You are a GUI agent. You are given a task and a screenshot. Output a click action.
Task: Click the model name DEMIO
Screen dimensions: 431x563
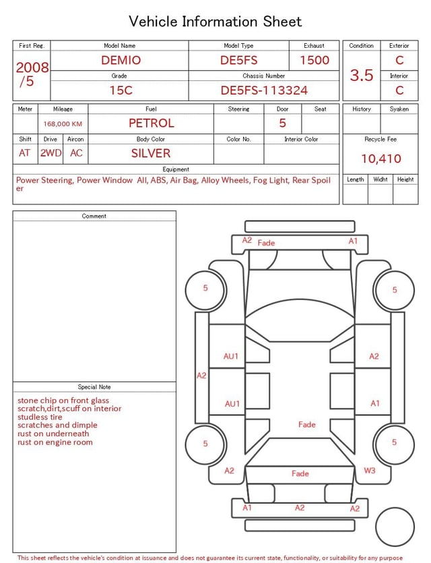pyautogui.click(x=121, y=60)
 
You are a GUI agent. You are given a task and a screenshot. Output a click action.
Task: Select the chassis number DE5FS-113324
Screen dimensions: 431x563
pyautogui.click(x=264, y=90)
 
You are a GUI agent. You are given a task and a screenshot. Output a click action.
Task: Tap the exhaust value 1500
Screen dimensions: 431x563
pyautogui.click(x=314, y=60)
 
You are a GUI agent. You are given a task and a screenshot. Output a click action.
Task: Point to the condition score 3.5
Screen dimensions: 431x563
pyautogui.click(x=362, y=75)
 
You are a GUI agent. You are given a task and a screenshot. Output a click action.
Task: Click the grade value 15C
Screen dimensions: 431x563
pyautogui.click(x=121, y=90)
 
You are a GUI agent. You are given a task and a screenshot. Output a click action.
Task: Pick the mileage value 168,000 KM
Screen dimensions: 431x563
pyautogui.click(x=63, y=124)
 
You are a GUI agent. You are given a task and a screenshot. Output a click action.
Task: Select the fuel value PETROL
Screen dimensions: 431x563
pyautogui.click(x=152, y=123)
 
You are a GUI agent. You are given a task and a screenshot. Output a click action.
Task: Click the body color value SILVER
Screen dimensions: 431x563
pyautogui.click(x=151, y=153)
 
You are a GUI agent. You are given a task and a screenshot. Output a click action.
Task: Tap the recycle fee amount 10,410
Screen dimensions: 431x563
pyautogui.click(x=380, y=158)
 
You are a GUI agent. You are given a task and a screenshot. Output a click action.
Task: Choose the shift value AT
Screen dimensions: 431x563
pyautogui.click(x=24, y=153)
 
